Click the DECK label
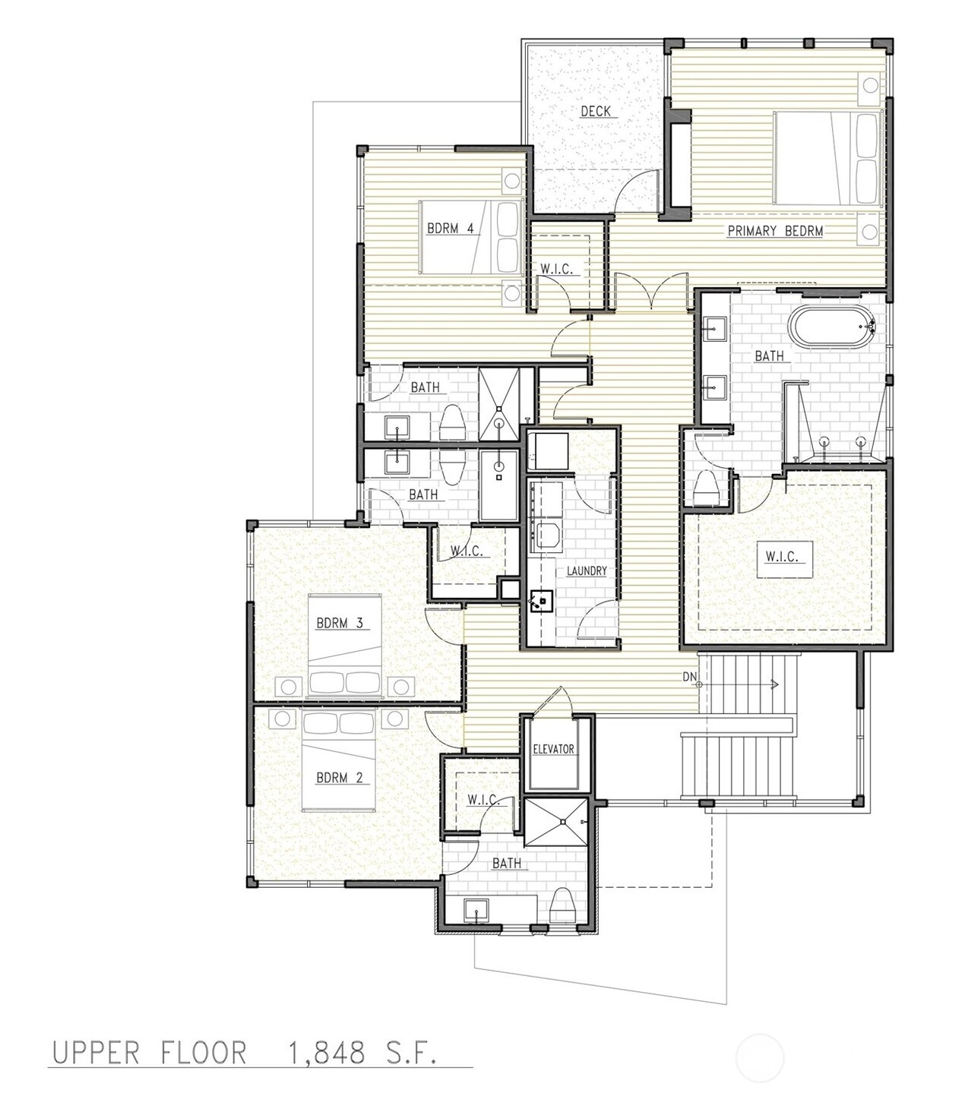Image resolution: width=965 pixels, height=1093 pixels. point(596,111)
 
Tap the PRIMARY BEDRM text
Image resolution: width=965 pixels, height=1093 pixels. point(775,231)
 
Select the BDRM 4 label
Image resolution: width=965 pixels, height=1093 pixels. point(450,229)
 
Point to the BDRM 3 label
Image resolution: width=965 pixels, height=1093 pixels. point(340,623)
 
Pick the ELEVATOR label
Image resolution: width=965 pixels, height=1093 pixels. point(553,750)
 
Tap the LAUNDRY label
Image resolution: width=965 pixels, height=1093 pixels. point(587,570)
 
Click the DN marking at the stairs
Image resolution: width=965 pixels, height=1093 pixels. point(690,677)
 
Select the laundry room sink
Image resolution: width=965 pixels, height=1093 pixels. point(541,601)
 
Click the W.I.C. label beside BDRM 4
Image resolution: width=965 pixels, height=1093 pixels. point(556,269)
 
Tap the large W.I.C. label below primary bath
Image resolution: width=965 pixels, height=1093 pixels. point(782,556)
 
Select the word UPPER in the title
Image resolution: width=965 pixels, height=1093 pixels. point(95,1053)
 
